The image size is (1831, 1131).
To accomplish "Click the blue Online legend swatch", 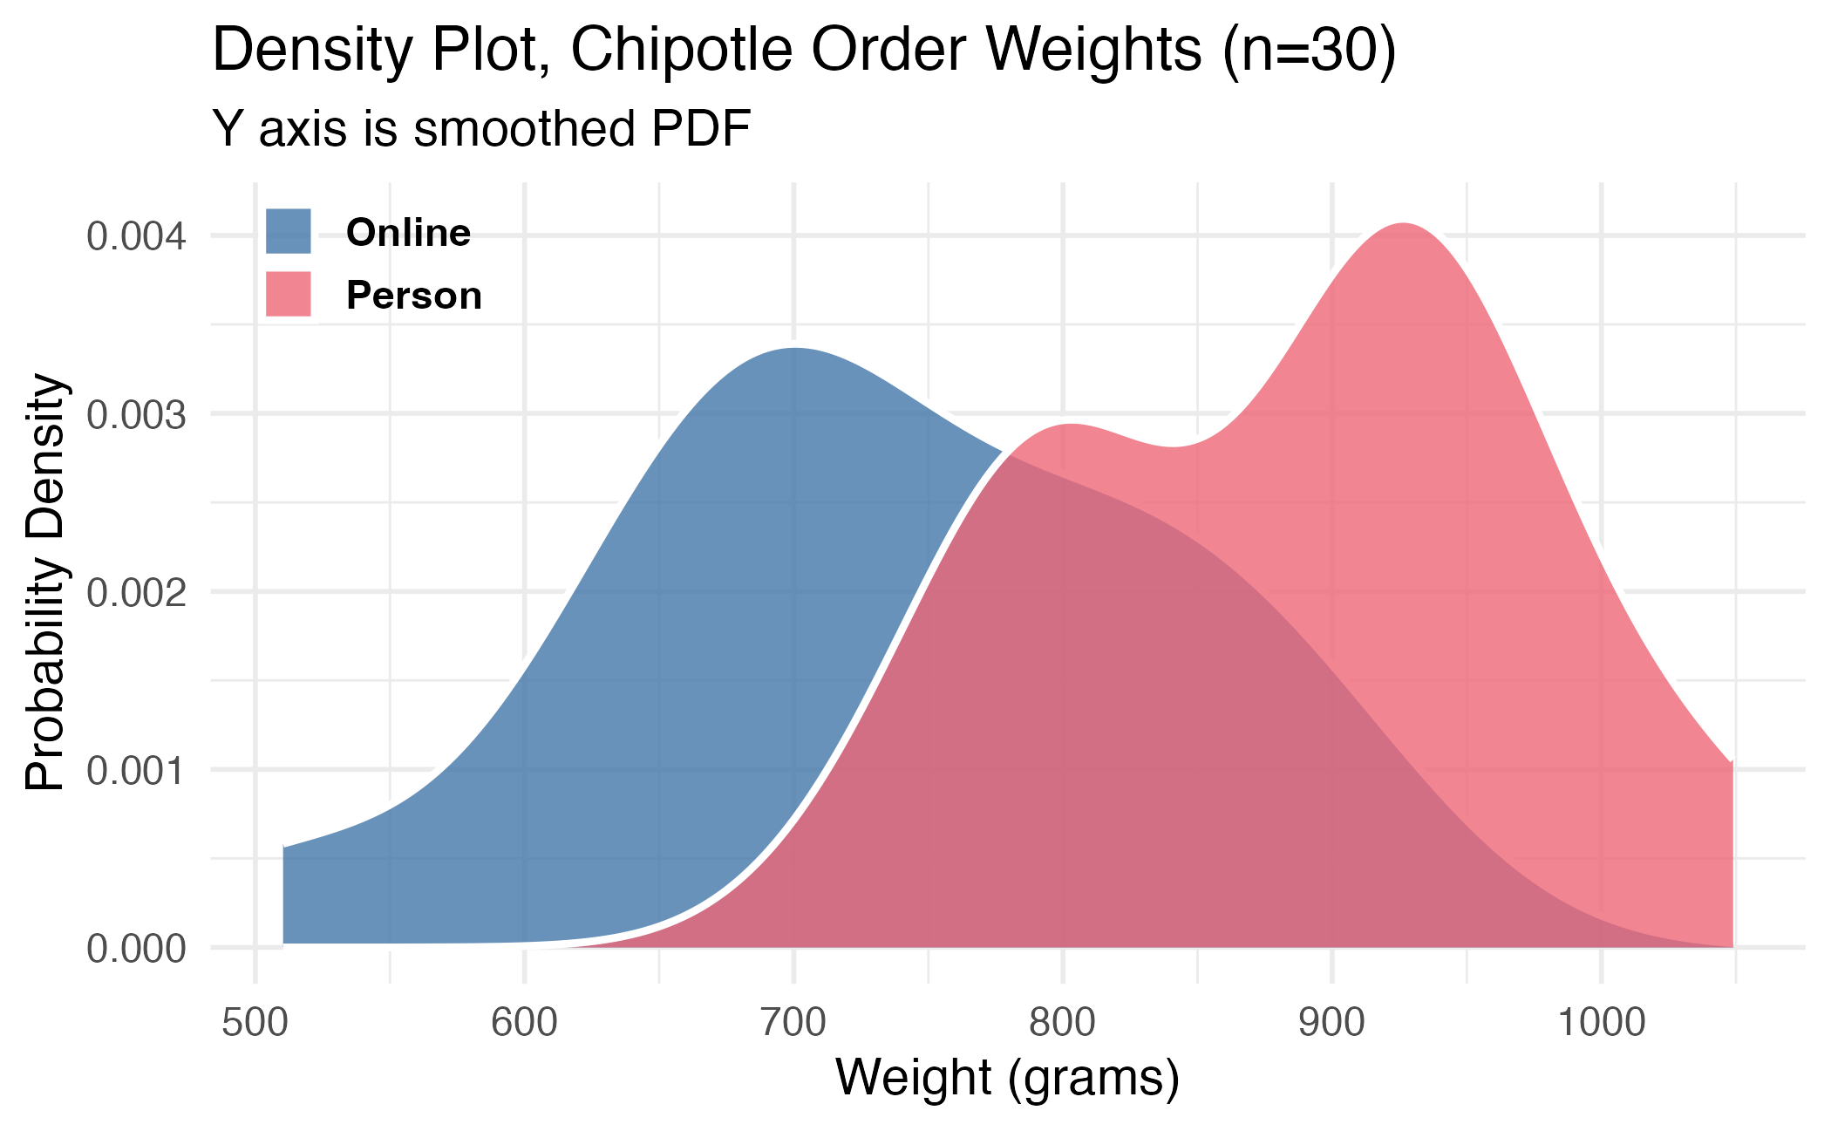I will click(288, 231).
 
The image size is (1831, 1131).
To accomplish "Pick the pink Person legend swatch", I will click(288, 294).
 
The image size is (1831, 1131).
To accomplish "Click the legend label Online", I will click(408, 233).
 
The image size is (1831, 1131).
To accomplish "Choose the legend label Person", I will click(414, 296).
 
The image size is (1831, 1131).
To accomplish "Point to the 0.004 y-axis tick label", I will click(136, 236).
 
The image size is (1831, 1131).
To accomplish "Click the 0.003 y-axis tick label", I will click(136, 414).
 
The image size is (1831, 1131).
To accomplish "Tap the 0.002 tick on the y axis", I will click(136, 593).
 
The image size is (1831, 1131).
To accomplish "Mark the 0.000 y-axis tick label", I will click(136, 949).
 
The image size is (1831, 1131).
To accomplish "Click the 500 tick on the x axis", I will click(255, 1023).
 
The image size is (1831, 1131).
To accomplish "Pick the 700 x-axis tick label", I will click(793, 1023).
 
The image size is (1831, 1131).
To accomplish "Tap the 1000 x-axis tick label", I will click(1601, 1023).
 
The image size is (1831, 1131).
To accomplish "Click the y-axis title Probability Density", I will click(45, 583).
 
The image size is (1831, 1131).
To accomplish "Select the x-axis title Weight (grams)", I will click(1007, 1078).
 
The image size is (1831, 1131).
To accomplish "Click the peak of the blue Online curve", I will click(794, 349).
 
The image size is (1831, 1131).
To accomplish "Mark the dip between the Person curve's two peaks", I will click(1173, 447).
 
